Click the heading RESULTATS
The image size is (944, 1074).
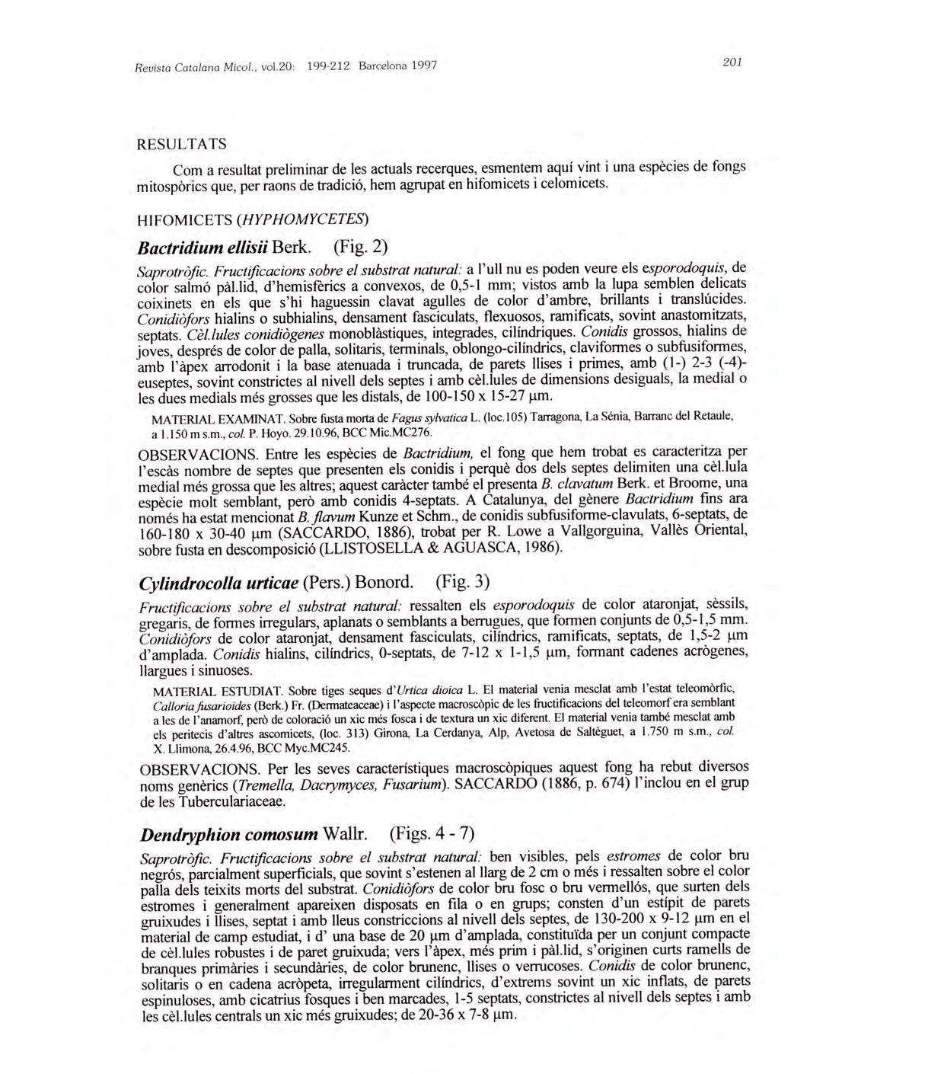180,144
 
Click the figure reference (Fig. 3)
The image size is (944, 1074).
463,583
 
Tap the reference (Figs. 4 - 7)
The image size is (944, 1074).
432,833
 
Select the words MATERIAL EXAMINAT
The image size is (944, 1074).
218,420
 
